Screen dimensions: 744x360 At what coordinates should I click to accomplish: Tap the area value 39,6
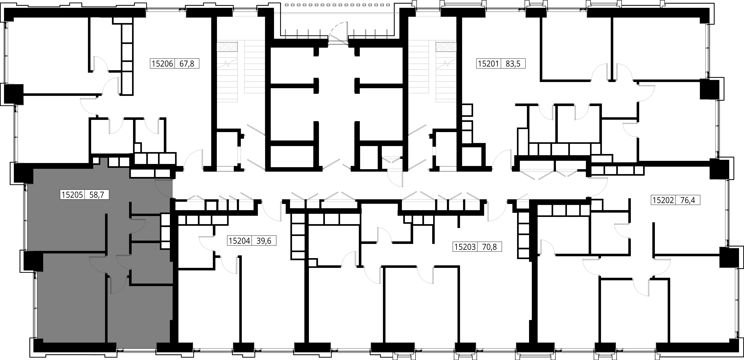click(x=264, y=241)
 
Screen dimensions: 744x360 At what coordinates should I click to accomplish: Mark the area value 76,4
click(x=688, y=200)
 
